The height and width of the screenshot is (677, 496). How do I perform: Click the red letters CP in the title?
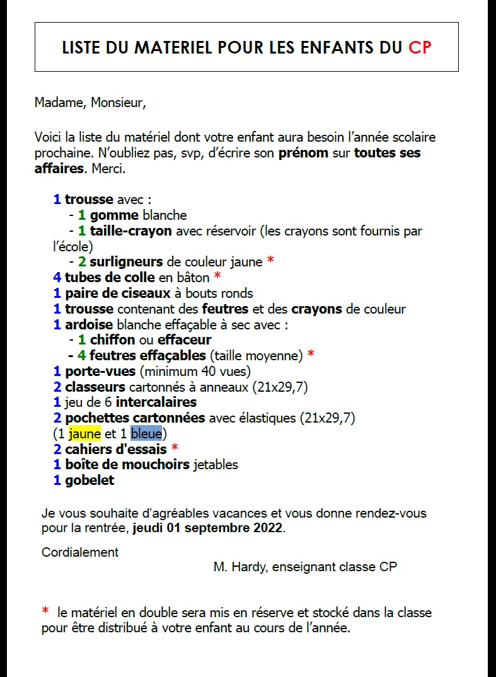pos(420,48)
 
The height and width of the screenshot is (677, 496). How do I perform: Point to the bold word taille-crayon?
pos(131,231)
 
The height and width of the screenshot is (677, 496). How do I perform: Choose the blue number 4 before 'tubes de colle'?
pos(57,277)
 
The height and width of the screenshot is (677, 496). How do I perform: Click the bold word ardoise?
pos(89,324)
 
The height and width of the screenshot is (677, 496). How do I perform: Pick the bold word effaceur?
pos(184,340)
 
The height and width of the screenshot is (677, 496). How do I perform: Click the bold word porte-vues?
pos(100,371)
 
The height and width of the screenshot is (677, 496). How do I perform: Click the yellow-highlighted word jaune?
pos(84,433)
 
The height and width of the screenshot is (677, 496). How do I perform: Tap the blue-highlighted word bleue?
pos(146,433)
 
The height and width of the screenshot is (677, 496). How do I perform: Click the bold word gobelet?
pos(89,480)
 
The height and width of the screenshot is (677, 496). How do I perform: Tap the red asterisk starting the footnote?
pos(45,612)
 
